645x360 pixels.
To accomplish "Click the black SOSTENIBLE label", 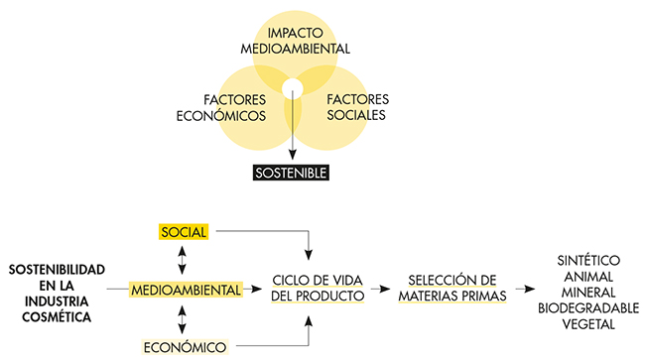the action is [x=291, y=171].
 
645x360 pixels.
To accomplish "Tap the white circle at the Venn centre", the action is [x=291, y=90].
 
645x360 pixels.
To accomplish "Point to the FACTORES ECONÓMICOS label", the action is [x=235, y=107].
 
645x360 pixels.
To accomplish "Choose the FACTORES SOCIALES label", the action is [x=354, y=107].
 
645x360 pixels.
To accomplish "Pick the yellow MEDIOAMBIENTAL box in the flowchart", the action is [x=187, y=290].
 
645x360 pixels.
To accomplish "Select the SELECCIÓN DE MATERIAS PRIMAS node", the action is [x=451, y=288].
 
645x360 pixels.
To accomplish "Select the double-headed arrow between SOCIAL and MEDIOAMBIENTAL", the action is [x=182, y=260].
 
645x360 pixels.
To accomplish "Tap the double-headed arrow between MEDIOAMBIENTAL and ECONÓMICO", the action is [x=182, y=317].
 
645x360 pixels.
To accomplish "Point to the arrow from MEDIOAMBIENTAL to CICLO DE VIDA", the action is [x=257, y=290].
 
